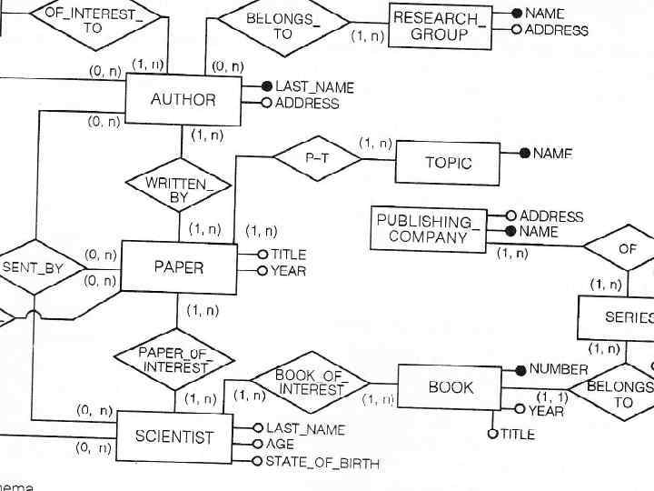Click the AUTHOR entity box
click(x=183, y=98)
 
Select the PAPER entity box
click(x=178, y=267)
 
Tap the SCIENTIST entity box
click(x=173, y=436)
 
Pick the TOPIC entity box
click(x=448, y=164)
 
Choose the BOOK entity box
click(x=451, y=388)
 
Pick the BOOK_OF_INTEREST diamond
click(x=311, y=383)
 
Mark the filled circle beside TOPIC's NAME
click(x=524, y=154)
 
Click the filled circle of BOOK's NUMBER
click(x=520, y=369)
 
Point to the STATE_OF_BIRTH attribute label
click(x=322, y=462)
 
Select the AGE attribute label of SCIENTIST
click(x=280, y=445)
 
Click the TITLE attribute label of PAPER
click(x=288, y=255)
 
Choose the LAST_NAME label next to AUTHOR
click(x=314, y=87)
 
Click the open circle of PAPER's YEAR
click(x=263, y=271)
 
